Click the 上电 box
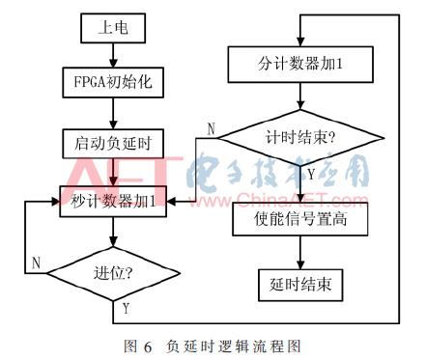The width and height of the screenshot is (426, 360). (114, 28)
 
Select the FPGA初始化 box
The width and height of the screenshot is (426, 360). (114, 84)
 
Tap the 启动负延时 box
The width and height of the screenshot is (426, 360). (114, 142)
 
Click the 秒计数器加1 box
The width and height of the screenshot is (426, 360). (114, 200)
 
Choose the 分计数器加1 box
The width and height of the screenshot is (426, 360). (300, 67)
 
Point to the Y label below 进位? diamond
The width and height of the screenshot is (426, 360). (125, 308)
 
